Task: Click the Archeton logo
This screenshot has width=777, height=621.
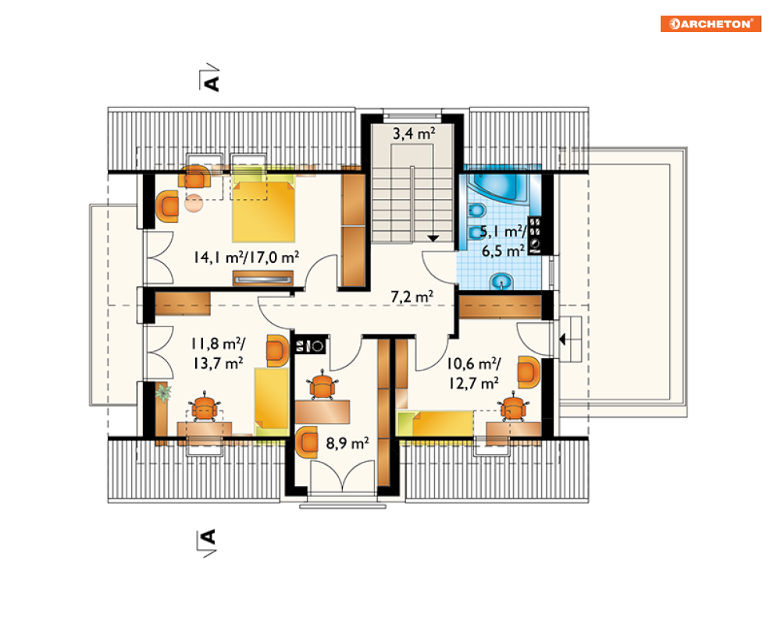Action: [711, 23]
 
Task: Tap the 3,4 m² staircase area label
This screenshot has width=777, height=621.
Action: [414, 133]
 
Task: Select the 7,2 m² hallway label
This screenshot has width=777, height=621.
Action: [412, 296]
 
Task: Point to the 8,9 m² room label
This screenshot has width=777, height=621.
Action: [348, 443]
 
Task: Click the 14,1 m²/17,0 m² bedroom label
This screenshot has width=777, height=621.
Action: [246, 257]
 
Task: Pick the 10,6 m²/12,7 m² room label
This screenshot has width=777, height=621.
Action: [474, 374]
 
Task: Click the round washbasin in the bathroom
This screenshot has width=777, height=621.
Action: [502, 282]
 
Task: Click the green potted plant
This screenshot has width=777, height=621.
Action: [163, 393]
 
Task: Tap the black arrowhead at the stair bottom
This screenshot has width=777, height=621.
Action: [433, 238]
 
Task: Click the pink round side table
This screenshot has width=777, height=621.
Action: [194, 203]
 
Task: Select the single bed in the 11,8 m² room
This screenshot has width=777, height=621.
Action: [272, 402]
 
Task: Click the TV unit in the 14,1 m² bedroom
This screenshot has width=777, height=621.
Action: [263, 279]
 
